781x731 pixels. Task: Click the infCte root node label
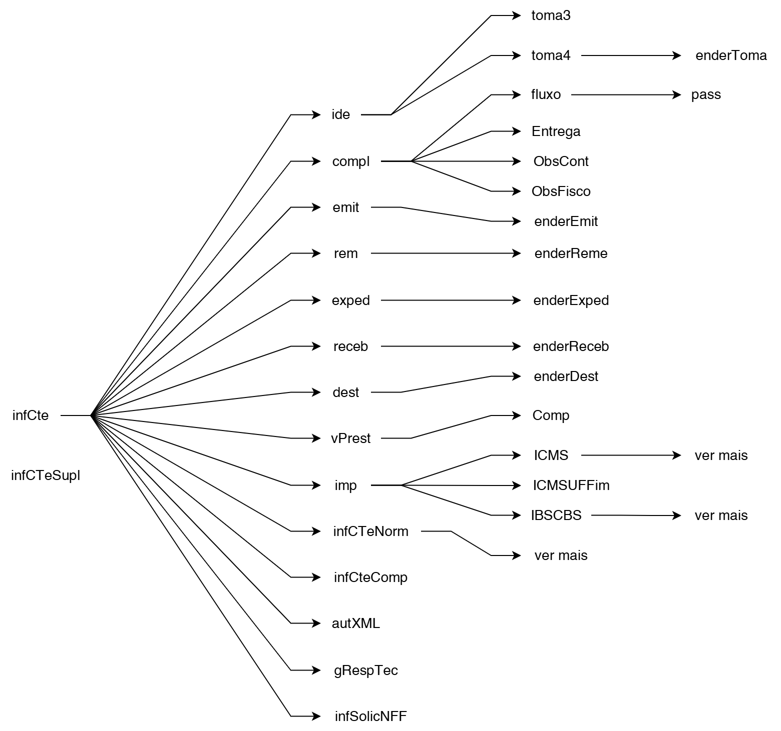coord(31,415)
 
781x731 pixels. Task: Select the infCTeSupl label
coord(46,475)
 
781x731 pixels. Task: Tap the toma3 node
coord(551,15)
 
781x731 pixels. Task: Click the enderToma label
coord(731,55)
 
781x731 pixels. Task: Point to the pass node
coord(706,94)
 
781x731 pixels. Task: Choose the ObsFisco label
coord(561,191)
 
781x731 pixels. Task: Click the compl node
coord(351,161)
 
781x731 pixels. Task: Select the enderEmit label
coord(566,221)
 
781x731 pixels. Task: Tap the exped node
coord(350,300)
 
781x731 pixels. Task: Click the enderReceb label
coord(571,346)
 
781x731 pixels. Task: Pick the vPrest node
coord(350,438)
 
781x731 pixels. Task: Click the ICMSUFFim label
coord(571,485)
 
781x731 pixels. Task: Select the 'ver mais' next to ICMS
coord(721,455)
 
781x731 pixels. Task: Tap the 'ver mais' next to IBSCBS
coord(721,515)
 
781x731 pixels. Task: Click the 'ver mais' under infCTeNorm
coord(561,555)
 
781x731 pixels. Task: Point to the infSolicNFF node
coord(370,716)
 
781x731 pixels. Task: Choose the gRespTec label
coord(365,670)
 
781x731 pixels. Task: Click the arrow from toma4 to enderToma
coord(631,55)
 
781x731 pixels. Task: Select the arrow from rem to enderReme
coord(446,253)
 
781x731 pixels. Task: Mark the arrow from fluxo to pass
coord(626,94)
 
